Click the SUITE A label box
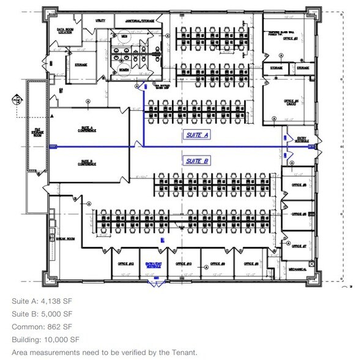click(x=197, y=135)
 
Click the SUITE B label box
click(x=197, y=160)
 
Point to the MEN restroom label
click(x=124, y=36)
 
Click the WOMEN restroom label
click(x=124, y=70)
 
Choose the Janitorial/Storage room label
click(x=140, y=21)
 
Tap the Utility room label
click(x=100, y=21)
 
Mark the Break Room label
click(x=65, y=239)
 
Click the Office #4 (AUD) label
click(x=291, y=102)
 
